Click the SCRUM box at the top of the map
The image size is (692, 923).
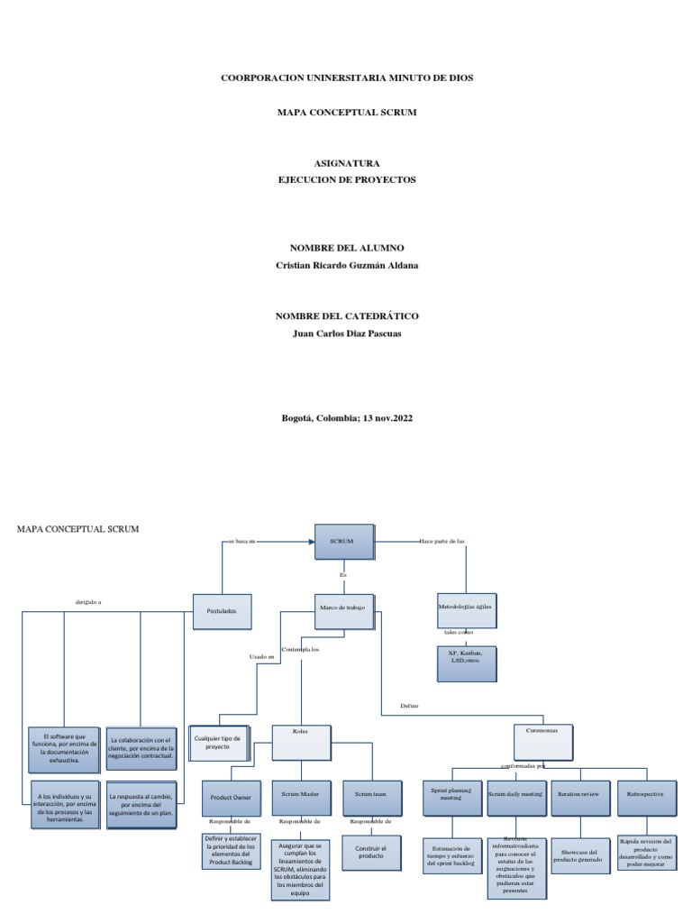click(342, 542)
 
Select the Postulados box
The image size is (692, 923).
click(221, 610)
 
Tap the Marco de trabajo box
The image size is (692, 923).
click(345, 610)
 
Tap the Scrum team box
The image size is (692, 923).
click(370, 796)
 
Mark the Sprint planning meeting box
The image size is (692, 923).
click(451, 796)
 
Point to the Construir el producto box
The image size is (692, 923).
click(370, 853)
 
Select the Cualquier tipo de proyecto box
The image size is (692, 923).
click(218, 742)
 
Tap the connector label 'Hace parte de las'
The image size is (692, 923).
click(441, 542)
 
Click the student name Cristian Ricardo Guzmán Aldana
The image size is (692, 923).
click(347, 265)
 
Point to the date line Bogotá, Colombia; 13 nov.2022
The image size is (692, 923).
click(347, 418)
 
